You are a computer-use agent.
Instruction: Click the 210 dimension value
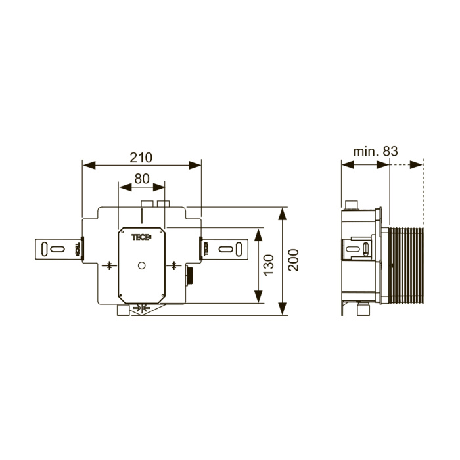click(x=141, y=158)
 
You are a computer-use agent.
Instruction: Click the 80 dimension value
click(x=142, y=179)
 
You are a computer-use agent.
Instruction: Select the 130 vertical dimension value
click(x=268, y=265)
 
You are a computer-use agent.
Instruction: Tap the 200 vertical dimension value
click(x=293, y=260)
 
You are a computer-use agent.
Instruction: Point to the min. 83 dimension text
click(x=375, y=151)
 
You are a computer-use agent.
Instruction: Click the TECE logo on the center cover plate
click(x=141, y=237)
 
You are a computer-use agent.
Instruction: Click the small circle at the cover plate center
click(x=142, y=265)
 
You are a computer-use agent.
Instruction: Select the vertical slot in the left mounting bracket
click(x=44, y=249)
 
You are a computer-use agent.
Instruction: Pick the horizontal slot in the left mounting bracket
click(x=58, y=249)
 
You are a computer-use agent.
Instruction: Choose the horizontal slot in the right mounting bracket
click(x=226, y=249)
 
